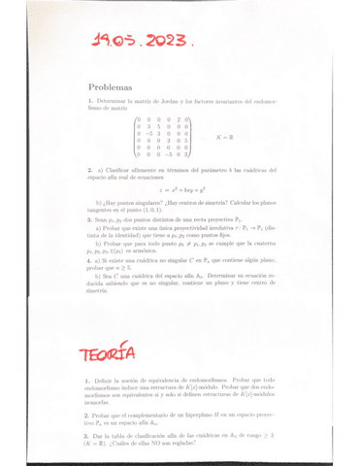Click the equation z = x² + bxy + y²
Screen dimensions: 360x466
click(x=181, y=193)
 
